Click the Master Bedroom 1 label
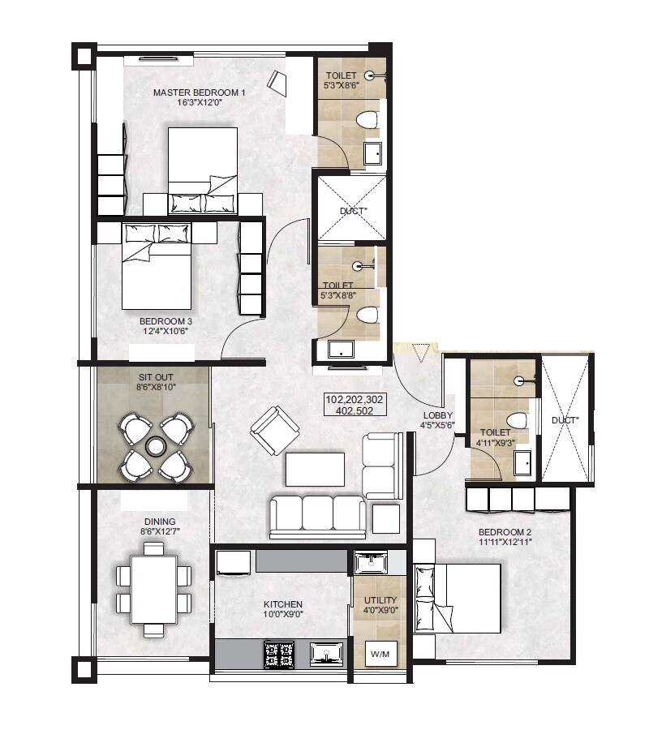pos(199,92)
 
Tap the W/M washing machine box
pos(379,653)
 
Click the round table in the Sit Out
pos(154,446)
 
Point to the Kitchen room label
pos(283,604)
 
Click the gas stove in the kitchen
pos(278,652)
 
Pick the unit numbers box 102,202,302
pos(355,400)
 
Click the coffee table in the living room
pos(315,469)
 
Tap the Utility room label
pos(380,601)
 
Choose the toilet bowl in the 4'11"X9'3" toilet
pos(517,420)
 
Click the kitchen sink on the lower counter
pos(327,652)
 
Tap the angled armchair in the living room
pos(274,430)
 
